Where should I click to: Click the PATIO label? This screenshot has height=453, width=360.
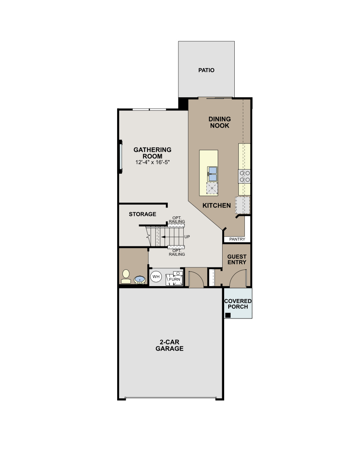click(206, 70)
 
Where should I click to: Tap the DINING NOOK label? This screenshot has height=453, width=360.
click(219, 122)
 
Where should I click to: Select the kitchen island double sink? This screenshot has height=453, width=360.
click(212, 173)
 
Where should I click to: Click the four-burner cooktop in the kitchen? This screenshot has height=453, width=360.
click(244, 176)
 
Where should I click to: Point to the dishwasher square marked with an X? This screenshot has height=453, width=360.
click(212, 188)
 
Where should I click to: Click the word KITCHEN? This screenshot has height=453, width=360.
click(216, 205)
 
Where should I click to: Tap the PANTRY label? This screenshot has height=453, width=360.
click(237, 239)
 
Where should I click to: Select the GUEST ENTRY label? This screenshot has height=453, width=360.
click(237, 259)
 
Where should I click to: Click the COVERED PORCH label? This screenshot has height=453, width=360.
click(238, 304)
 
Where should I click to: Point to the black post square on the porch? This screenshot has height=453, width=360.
click(228, 315)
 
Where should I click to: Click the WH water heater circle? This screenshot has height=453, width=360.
click(156, 277)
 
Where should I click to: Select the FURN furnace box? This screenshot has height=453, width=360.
click(175, 279)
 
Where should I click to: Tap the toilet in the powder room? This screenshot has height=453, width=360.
click(126, 276)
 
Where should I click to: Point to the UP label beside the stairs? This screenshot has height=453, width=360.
click(187, 237)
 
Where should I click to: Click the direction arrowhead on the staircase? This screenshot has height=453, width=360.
click(162, 237)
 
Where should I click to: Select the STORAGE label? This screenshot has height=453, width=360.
click(142, 214)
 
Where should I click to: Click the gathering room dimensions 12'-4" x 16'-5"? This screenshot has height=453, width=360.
click(152, 162)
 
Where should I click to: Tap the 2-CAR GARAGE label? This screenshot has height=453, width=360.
click(169, 345)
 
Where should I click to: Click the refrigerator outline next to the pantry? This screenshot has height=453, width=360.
click(242, 205)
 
